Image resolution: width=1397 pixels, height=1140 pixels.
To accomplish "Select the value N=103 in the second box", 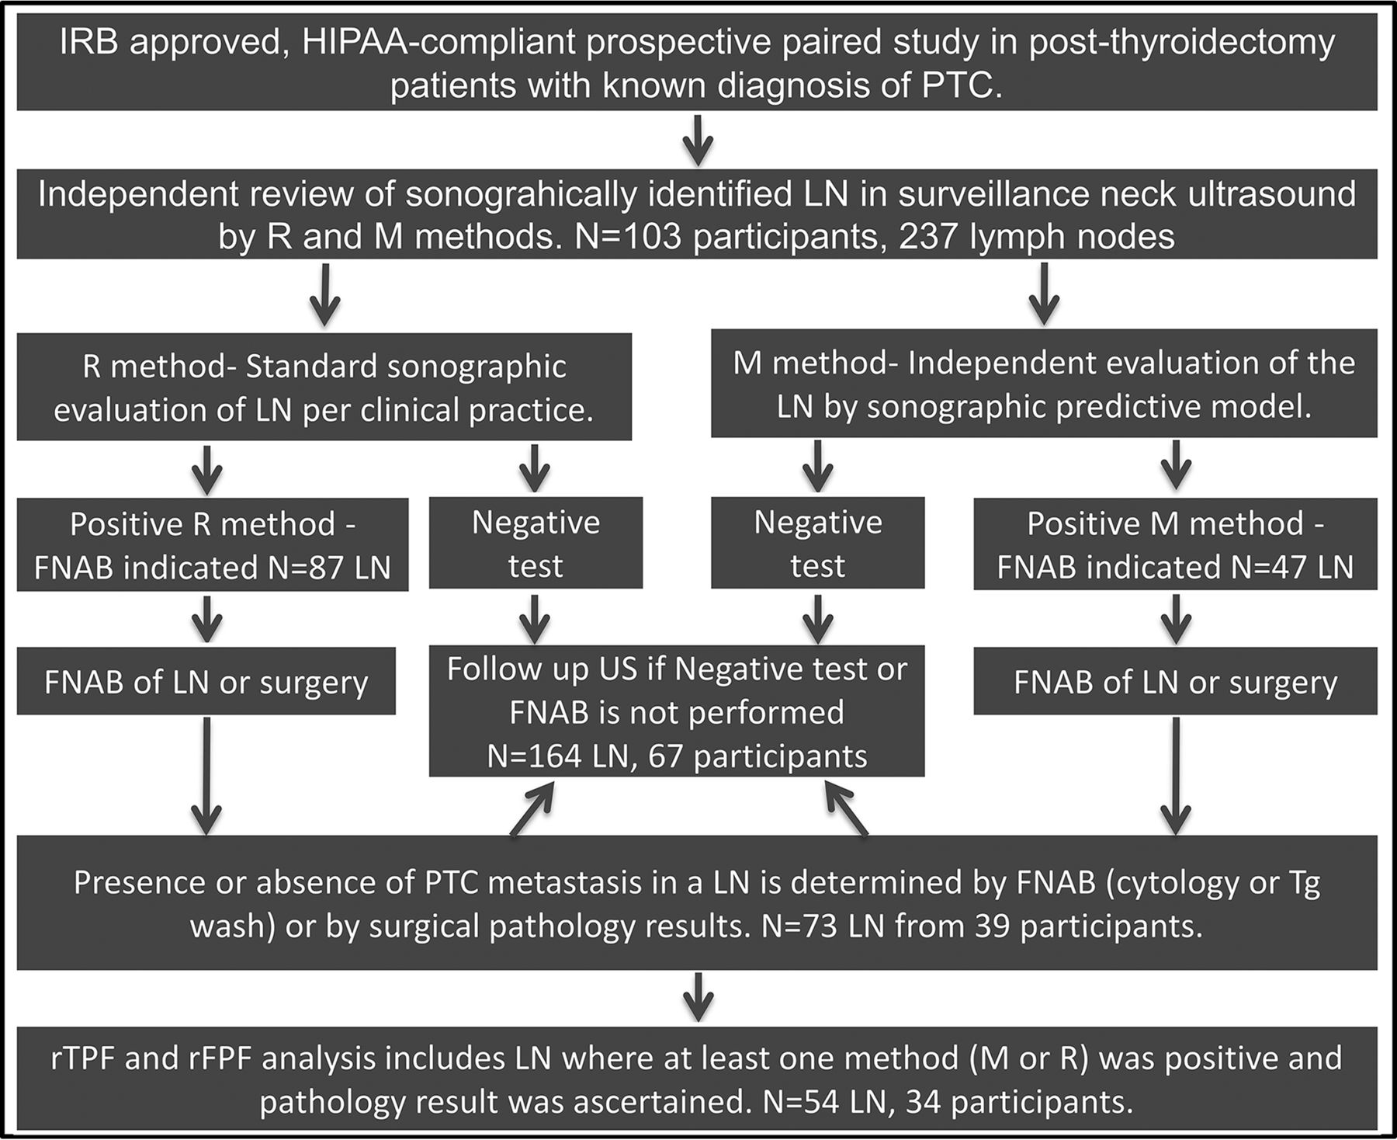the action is [x=628, y=236].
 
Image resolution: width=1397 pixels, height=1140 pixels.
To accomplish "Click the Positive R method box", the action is [x=213, y=544].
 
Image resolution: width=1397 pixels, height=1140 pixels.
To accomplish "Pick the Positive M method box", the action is [x=1175, y=544].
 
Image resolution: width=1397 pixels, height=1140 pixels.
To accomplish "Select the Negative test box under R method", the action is [x=536, y=543].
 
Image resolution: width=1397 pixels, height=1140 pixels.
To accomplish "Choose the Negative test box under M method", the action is [x=817, y=543].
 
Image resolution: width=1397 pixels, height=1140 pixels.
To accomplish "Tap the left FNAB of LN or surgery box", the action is [x=206, y=681].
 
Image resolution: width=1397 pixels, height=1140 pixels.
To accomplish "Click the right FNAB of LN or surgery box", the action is [x=1175, y=681].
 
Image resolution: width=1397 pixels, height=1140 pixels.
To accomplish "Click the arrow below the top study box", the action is [x=698, y=140].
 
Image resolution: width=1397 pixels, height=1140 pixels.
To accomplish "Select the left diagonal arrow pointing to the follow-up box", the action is [x=532, y=808].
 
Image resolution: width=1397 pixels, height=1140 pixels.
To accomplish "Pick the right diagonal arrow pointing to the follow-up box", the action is [x=846, y=808].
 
